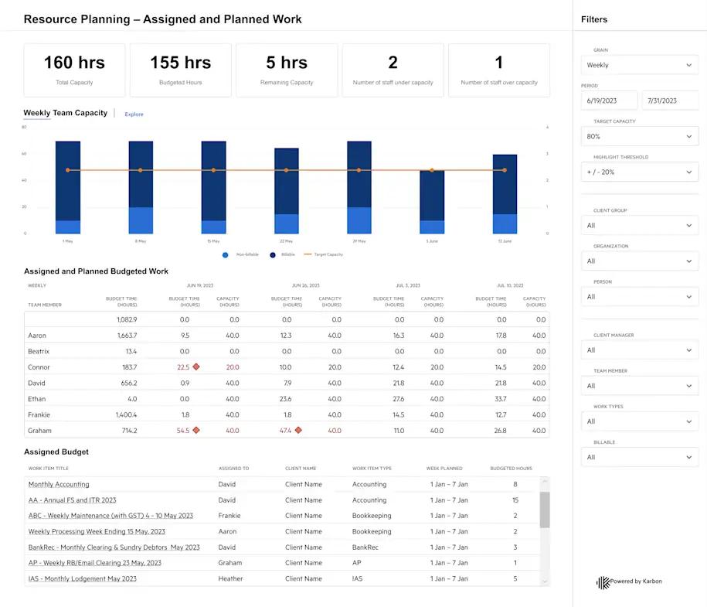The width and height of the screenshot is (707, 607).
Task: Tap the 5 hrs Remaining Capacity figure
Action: (287, 63)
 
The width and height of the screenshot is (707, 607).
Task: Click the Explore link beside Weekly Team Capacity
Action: (134, 114)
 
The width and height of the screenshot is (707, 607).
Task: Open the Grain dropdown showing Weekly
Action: (639, 66)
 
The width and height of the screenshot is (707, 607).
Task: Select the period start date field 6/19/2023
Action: (609, 101)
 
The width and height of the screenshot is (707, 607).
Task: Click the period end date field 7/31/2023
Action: (669, 101)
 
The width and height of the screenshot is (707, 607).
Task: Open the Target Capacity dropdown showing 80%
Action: (639, 137)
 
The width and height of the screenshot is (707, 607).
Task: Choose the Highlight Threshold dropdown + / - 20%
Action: (639, 172)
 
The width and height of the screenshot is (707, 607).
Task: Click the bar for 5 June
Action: (432, 201)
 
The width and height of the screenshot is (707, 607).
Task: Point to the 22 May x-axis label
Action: (286, 242)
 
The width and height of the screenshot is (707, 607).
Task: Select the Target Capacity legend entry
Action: (324, 254)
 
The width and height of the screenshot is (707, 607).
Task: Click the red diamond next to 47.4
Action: (298, 430)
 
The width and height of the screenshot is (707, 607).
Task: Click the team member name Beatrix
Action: (39, 351)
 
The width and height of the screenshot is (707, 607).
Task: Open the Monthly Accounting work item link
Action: (59, 485)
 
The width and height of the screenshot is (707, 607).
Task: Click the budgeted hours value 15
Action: (515, 500)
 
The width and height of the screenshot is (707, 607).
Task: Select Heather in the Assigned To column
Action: (230, 578)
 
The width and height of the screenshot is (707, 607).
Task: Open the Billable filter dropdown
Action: (639, 457)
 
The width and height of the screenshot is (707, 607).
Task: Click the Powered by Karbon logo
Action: (629, 581)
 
